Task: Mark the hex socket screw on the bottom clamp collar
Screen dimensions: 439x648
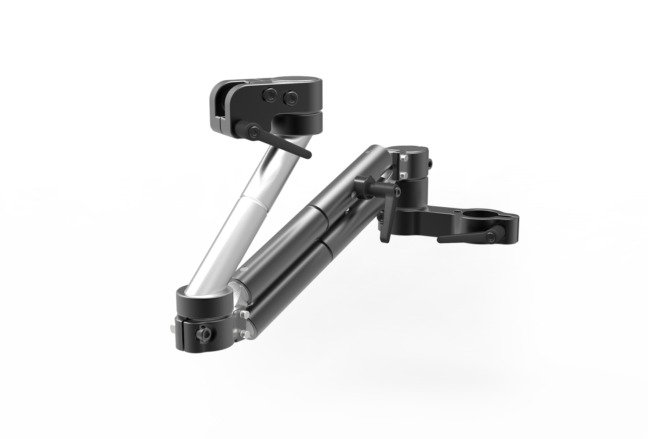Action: (205, 334)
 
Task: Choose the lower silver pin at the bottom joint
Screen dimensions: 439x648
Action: (244, 336)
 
